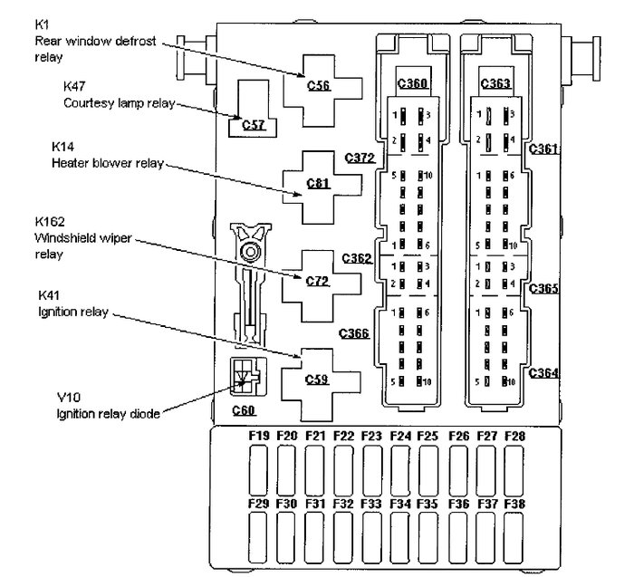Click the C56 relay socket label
click(x=319, y=86)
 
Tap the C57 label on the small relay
click(x=254, y=125)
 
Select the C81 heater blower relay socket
click(x=319, y=184)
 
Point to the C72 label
click(x=319, y=282)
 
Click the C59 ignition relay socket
click(x=319, y=380)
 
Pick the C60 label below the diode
click(x=244, y=410)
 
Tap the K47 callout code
click(x=74, y=86)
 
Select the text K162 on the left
click(x=52, y=221)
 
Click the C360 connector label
click(x=412, y=84)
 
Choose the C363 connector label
click(x=495, y=84)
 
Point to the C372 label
click(x=360, y=158)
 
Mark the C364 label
click(x=544, y=372)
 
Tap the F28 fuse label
click(x=515, y=437)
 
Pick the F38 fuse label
click(x=515, y=503)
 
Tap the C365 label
click(x=544, y=290)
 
